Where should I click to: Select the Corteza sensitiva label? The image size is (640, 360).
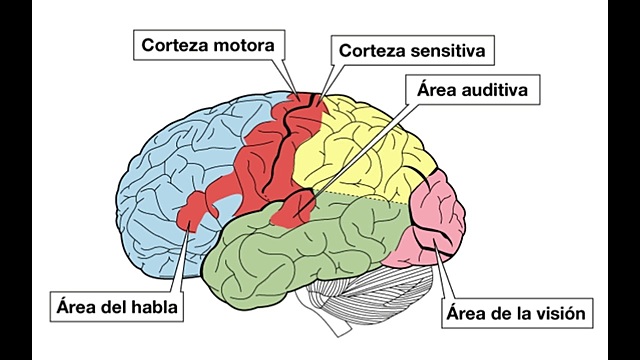[x=414, y=49]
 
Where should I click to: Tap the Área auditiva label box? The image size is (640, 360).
[x=474, y=91]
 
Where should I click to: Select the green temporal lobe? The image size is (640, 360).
[x=300, y=250]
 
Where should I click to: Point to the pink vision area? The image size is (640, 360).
[x=435, y=220]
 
